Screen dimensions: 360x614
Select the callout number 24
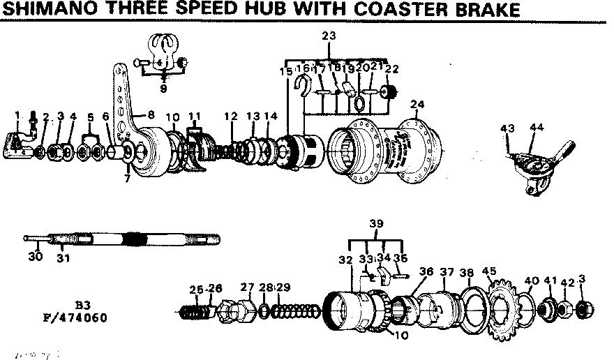417,105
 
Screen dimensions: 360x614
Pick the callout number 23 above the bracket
329,36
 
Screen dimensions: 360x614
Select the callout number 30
35,256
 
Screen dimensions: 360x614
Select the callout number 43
507,128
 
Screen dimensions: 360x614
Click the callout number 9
163,89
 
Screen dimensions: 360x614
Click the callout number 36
426,271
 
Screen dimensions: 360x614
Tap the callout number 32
345,260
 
